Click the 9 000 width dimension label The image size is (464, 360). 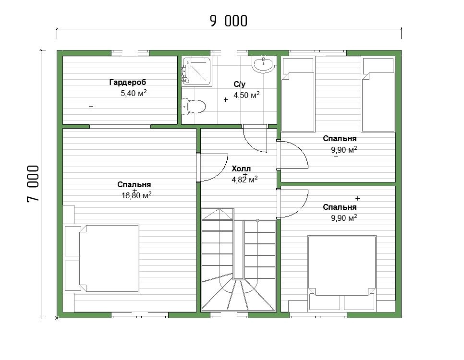pyautogui.click(x=229, y=21)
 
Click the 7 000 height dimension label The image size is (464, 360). pyautogui.click(x=33, y=183)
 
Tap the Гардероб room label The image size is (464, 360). pyautogui.click(x=128, y=82)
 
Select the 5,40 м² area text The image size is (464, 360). pyautogui.click(x=134, y=93)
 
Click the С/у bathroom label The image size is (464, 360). pyautogui.click(x=239, y=84)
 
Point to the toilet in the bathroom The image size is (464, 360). pyautogui.click(x=193, y=107)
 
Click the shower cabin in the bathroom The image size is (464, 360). pyautogui.click(x=196, y=72)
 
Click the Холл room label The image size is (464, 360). pyautogui.click(x=241, y=169)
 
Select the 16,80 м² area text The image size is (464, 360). pyautogui.click(x=137, y=195)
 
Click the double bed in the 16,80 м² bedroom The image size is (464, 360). pyautogui.click(x=102, y=258)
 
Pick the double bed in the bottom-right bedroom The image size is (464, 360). pyautogui.click(x=342, y=273)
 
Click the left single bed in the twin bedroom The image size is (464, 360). pyautogui.click(x=297, y=95)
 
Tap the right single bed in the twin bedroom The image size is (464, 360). pyautogui.click(x=378, y=95)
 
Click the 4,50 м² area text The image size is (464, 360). pyautogui.click(x=246, y=95)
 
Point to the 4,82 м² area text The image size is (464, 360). pyautogui.click(x=244, y=180)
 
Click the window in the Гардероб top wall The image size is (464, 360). pyautogui.click(x=130, y=53)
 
